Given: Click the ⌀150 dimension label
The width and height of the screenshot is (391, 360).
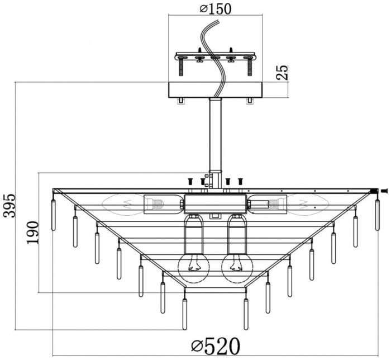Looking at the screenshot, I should click(x=215, y=8).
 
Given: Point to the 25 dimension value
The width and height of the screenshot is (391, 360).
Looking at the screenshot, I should click(x=283, y=73).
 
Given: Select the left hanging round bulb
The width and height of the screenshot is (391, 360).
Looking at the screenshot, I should click(x=193, y=267).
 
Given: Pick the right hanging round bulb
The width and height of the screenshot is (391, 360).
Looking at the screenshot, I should click(x=237, y=267).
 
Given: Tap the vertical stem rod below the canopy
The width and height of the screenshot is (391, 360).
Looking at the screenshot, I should click(x=215, y=134).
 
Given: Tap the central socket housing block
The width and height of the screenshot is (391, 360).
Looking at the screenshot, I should click(x=215, y=203).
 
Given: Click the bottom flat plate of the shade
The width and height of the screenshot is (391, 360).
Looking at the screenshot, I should click(x=215, y=291).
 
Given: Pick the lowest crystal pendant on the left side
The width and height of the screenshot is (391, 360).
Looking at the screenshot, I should click(x=184, y=314).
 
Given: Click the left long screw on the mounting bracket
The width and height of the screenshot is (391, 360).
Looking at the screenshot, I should click(x=181, y=67).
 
